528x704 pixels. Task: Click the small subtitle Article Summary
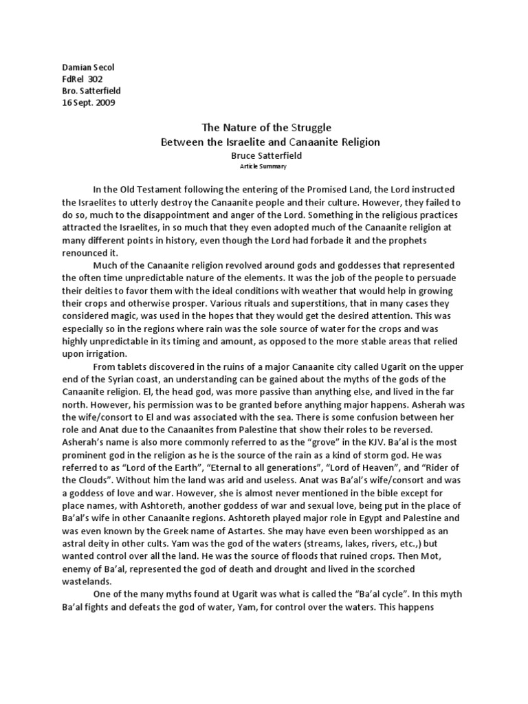click(264, 167)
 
